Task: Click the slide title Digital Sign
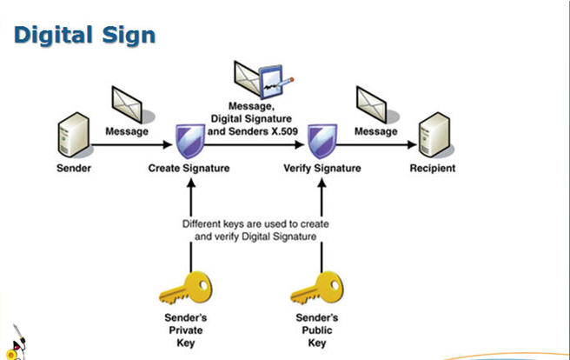point(85,36)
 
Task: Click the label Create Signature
point(189,168)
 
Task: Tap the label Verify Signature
point(322,168)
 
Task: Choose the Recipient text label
point(432,168)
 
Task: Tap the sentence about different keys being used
point(255,230)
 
